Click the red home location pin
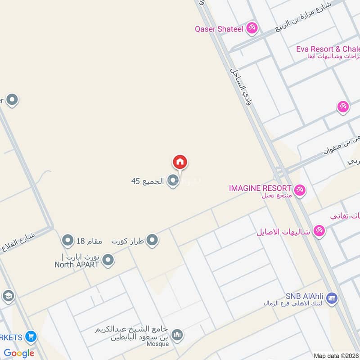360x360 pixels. [180, 162]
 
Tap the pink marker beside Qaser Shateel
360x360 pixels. [252, 28]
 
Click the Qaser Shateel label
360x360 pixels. [219, 29]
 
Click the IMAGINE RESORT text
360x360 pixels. [260, 188]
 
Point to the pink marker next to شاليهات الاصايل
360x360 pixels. [319, 230]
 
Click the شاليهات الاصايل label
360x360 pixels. [283, 232]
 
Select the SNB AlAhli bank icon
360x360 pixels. [332, 297]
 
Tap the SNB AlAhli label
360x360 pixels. [305, 297]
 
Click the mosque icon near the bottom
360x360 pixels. [178, 334]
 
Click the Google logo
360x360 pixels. [18, 353]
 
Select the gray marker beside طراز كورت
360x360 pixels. [153, 240]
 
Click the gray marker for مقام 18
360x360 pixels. [68, 240]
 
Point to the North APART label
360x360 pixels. [76, 265]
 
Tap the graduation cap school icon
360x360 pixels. [8, 296]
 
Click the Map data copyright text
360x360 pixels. [336, 355]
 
